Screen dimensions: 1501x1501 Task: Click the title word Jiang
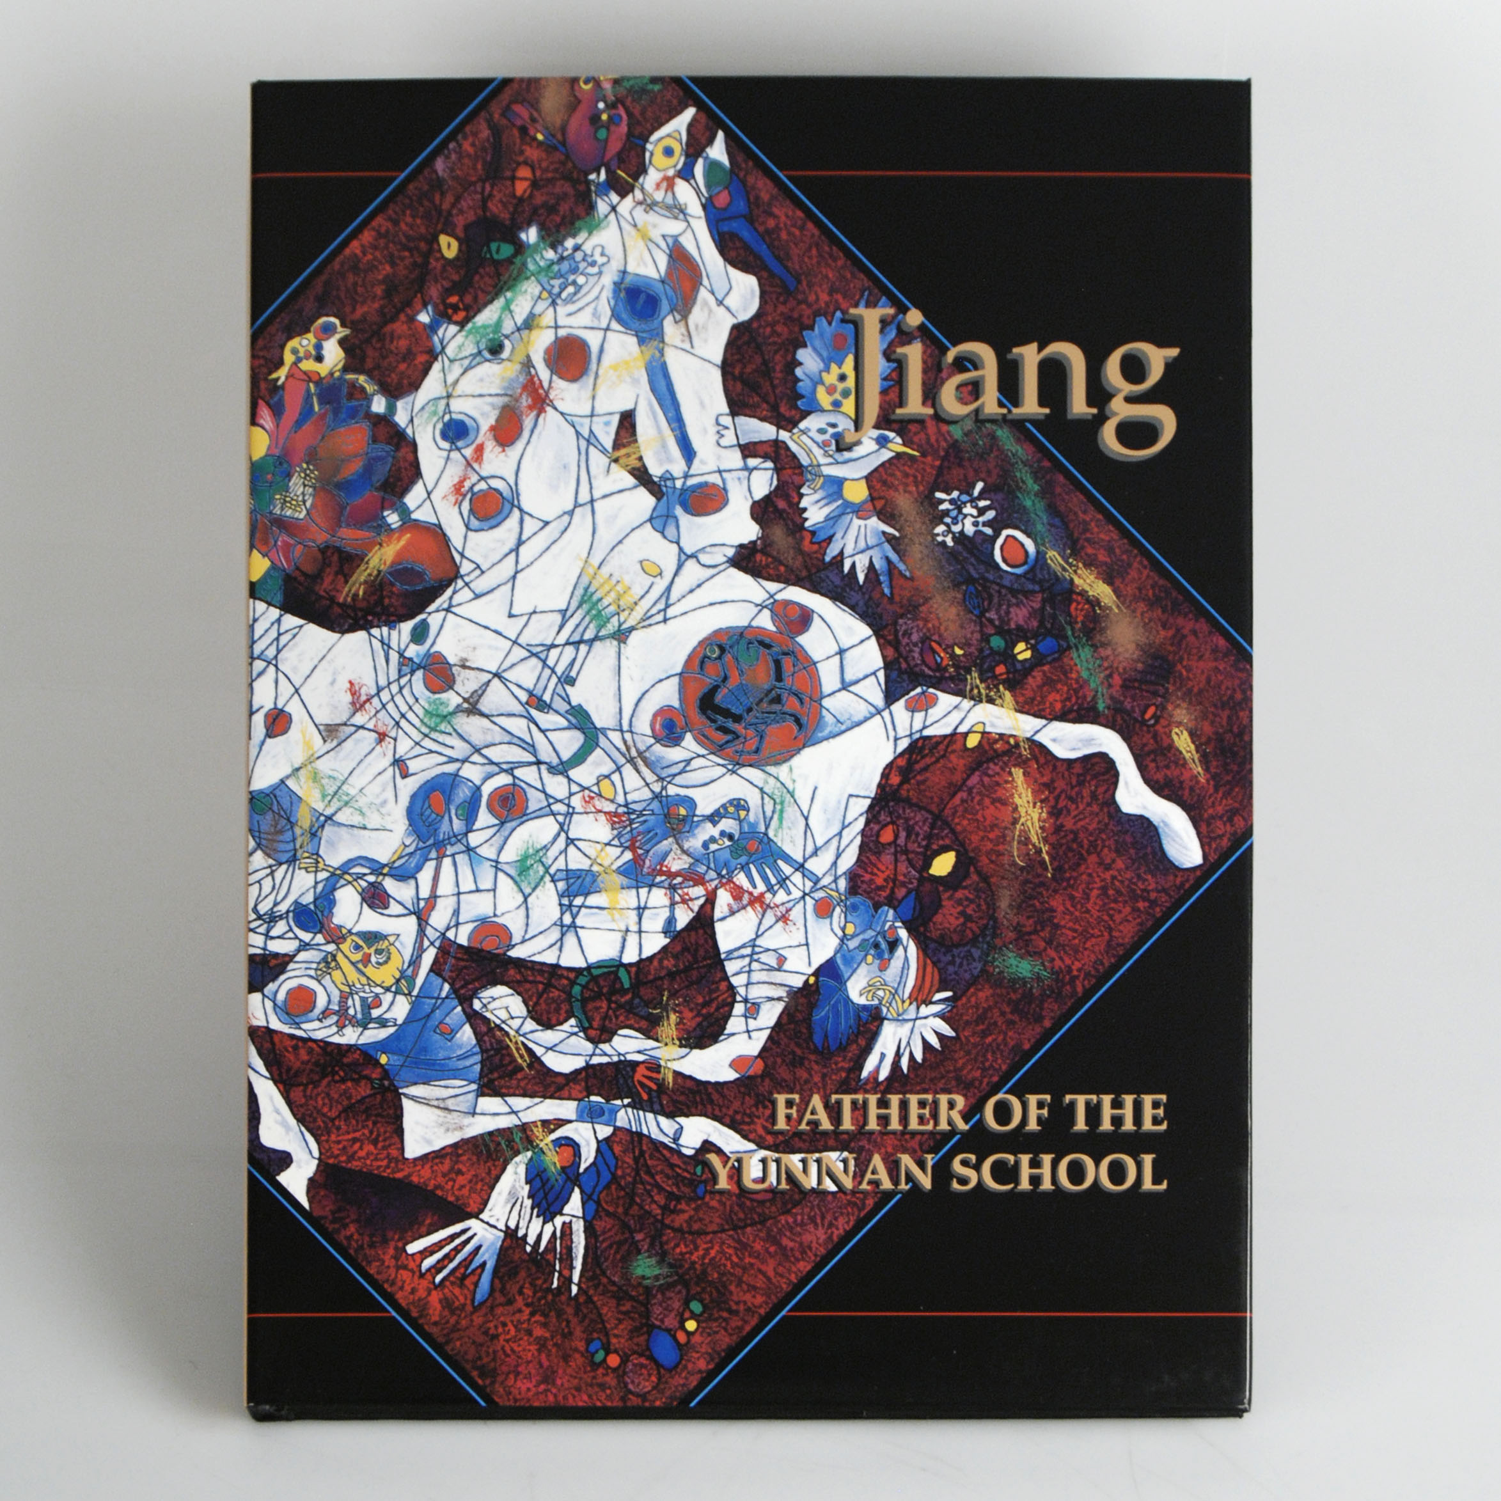1010,380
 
